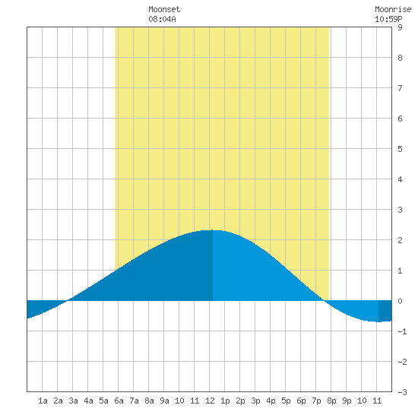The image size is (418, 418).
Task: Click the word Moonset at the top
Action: click(164, 9)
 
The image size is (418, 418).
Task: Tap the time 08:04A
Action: click(162, 19)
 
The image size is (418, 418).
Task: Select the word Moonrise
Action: click(393, 9)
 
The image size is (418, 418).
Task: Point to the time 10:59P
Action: click(388, 19)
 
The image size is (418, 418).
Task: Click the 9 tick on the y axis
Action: click(400, 27)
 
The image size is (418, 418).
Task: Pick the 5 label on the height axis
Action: click(400, 149)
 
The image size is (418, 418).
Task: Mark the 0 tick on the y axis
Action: click(400, 301)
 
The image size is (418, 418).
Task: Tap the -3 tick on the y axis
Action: click(402, 392)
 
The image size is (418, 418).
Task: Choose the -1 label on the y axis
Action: click(402, 331)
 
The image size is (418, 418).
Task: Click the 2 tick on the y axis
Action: click(400, 240)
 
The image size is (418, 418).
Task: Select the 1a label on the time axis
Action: click(43, 401)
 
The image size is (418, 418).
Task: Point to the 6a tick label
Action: click(119, 401)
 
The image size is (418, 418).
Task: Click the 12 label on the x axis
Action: click(210, 401)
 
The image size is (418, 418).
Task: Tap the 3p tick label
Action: click(255, 401)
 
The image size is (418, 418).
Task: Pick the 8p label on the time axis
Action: click(331, 401)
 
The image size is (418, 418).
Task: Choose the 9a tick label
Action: click(164, 401)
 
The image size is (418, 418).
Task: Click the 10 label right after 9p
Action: click(362, 401)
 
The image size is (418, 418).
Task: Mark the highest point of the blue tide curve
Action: click(213, 230)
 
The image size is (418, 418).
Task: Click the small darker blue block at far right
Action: click(385, 311)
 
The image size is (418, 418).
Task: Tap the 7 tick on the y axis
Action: click(400, 88)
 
